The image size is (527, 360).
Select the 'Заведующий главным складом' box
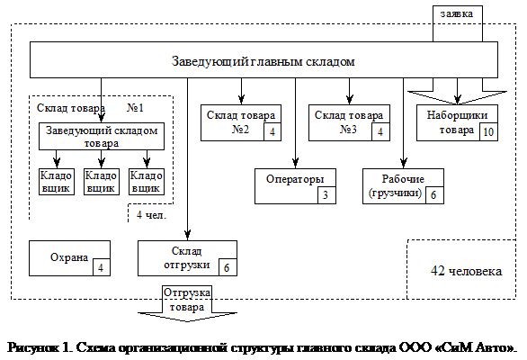(263, 61)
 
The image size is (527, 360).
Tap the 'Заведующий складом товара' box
(102, 137)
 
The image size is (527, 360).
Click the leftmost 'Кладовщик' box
(56, 182)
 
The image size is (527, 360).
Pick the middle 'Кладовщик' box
(101, 182)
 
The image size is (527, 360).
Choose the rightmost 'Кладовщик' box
(146, 182)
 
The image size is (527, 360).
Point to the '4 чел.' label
(147, 216)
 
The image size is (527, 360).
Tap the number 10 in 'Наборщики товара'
(487, 131)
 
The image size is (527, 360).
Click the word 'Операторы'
(289, 177)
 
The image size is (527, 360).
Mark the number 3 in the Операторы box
(326, 194)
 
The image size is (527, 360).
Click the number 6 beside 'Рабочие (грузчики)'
(433, 195)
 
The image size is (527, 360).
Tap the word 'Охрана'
(62, 258)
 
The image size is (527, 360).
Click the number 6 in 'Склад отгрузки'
(227, 267)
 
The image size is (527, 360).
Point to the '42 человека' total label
(466, 270)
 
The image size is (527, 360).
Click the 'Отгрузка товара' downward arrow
(188, 307)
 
